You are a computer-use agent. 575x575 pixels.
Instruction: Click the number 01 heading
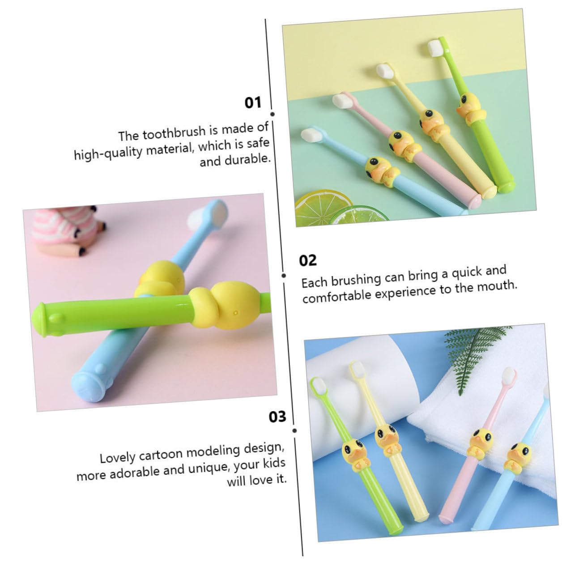[x=253, y=103]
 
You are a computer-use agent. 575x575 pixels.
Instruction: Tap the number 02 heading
[x=307, y=260]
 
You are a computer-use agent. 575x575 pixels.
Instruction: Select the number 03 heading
[x=277, y=417]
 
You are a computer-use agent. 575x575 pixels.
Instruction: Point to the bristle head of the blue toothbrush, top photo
[x=310, y=133]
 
